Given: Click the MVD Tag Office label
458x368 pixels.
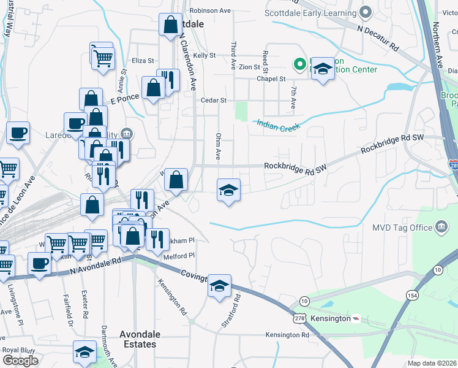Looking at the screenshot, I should tap(402, 228).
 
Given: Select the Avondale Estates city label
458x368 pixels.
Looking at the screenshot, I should tap(140, 339).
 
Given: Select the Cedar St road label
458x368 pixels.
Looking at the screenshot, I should tap(214, 100).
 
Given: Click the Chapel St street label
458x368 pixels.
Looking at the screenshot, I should tap(271, 79).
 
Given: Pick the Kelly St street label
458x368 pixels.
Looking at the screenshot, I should tap(205, 55).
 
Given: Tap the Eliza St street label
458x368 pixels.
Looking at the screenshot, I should tap(143, 61).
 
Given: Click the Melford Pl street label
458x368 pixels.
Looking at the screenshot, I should tap(179, 256).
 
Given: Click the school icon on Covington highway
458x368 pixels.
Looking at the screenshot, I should tap(219, 285).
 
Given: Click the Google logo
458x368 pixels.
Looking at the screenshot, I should tap(20, 361).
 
